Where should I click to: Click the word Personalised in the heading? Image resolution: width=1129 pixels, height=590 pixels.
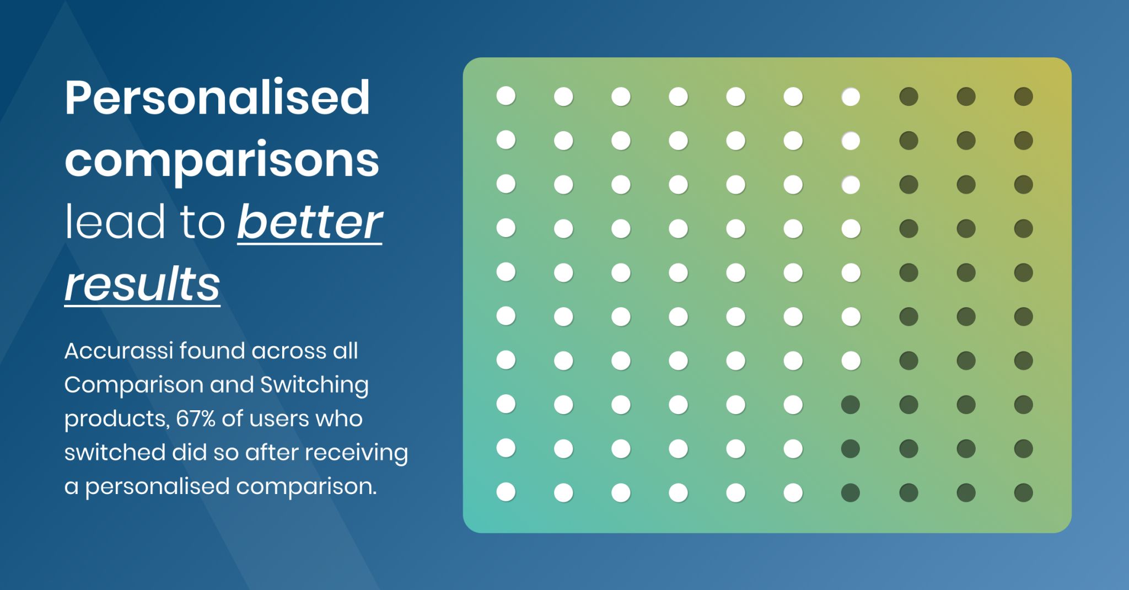pos(217,98)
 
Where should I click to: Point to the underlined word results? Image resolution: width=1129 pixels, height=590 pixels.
pos(142,284)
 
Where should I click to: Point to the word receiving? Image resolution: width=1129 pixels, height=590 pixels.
pos(357,453)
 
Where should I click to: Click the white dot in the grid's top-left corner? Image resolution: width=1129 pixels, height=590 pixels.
pos(506,96)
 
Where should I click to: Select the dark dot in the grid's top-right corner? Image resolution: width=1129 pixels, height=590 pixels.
pos(1023,96)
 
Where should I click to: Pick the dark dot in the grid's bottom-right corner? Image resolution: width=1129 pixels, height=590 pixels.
pos(1023,492)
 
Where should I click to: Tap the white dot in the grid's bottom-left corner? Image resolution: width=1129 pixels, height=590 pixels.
pos(506,492)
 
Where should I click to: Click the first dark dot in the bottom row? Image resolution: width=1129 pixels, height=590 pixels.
pos(851,492)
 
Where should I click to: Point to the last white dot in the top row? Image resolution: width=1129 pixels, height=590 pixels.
pos(851,96)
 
